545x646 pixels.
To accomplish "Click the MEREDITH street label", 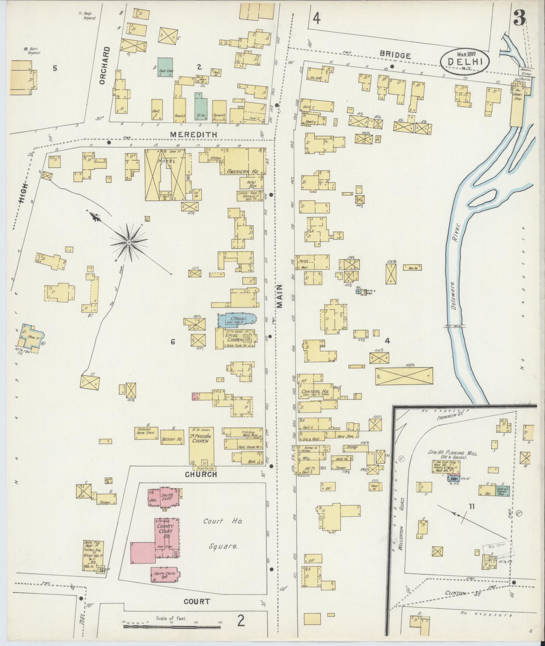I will (x=193, y=134).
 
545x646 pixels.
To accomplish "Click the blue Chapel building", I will (x=237, y=319).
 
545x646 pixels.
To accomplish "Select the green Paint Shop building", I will (x=165, y=67).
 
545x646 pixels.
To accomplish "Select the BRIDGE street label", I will (x=395, y=55).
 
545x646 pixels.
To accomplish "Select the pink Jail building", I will (x=154, y=497).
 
